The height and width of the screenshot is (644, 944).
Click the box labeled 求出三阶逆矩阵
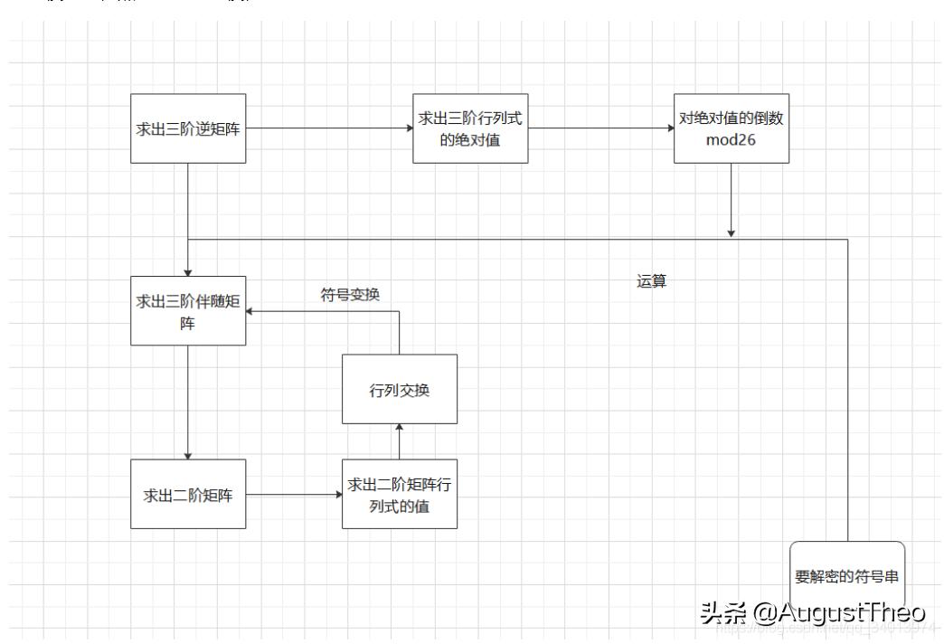[188, 128]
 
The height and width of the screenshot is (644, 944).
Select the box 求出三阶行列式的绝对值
[470, 128]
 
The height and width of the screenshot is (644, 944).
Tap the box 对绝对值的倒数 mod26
[732, 128]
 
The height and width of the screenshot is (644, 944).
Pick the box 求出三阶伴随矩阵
[188, 310]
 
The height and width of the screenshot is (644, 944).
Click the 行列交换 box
[399, 389]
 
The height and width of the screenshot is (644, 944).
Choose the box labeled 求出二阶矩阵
[188, 494]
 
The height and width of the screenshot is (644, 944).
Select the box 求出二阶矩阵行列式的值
[399, 494]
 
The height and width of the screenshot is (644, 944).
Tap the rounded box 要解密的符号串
[847, 574]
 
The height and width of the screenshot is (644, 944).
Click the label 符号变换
[356, 294]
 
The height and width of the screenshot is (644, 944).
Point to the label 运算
[651, 281]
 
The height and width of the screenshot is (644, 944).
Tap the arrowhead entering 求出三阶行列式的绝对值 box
[408, 128]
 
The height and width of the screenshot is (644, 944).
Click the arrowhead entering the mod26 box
[669, 128]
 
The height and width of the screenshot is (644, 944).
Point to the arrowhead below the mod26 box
[731, 233]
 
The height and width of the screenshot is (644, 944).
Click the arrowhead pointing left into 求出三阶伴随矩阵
[251, 310]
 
